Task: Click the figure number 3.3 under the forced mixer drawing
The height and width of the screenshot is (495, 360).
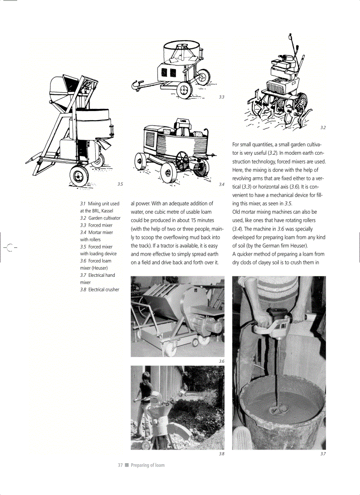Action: pyautogui.click(x=221, y=97)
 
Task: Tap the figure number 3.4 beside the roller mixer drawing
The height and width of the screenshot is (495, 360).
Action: pyautogui.click(x=221, y=184)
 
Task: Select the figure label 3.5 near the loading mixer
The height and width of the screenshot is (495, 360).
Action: pyautogui.click(x=120, y=184)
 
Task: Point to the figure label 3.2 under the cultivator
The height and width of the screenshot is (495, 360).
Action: pyautogui.click(x=323, y=127)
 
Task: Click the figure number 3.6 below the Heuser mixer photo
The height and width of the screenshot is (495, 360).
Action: pyautogui.click(x=221, y=361)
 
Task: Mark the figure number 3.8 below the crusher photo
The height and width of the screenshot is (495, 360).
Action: pyautogui.click(x=221, y=454)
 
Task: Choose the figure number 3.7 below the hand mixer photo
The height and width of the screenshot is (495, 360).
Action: pyautogui.click(x=323, y=454)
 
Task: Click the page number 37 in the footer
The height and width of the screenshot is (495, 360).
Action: pyautogui.click(x=120, y=465)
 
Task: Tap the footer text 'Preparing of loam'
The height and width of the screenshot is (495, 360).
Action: pyautogui.click(x=147, y=465)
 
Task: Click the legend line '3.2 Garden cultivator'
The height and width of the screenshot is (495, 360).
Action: pyautogui.click(x=100, y=218)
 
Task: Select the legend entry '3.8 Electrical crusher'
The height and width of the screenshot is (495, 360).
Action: pyautogui.click(x=99, y=290)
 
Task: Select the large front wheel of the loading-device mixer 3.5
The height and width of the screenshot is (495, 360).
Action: pyautogui.click(x=79, y=176)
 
